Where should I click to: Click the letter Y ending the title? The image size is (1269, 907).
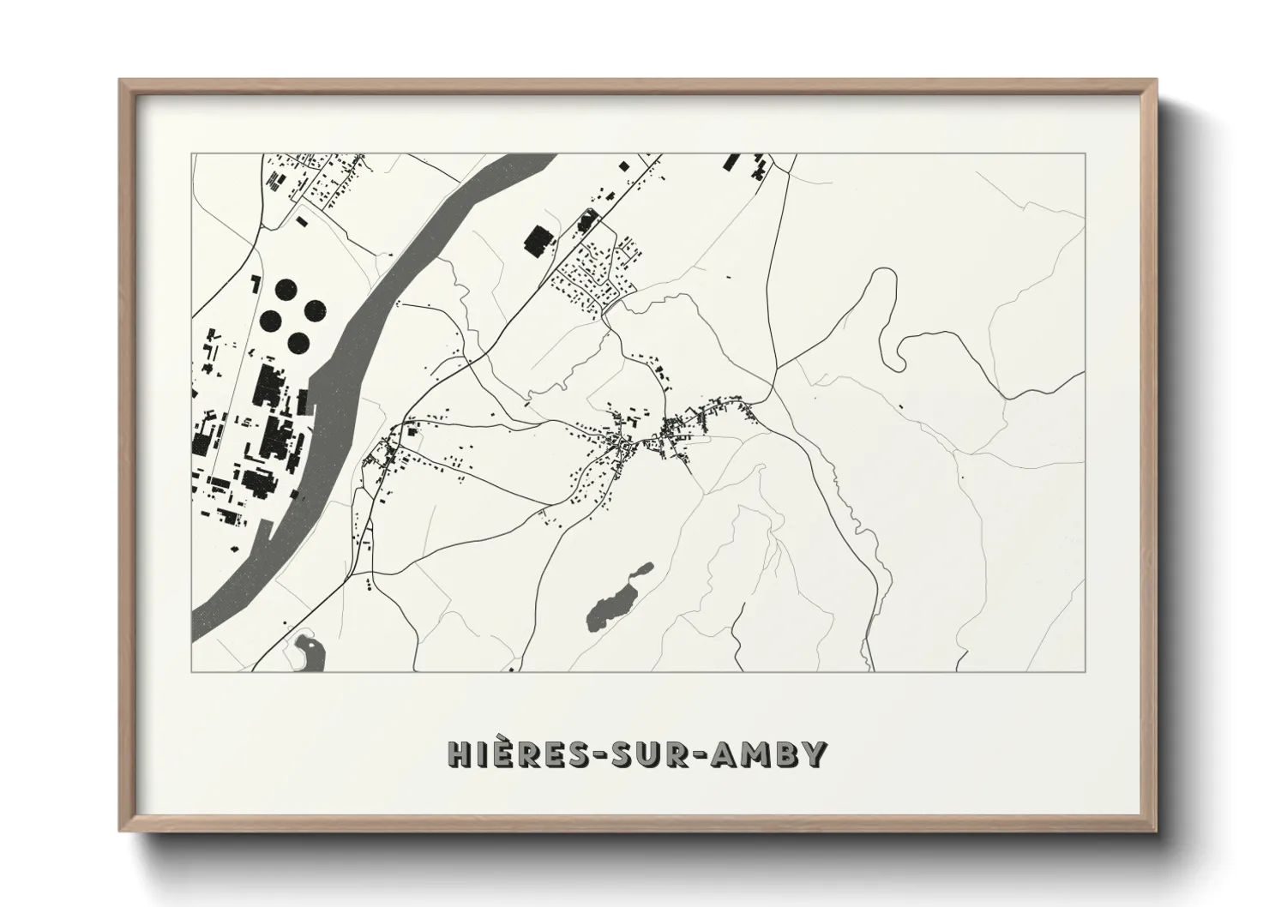[x=815, y=754]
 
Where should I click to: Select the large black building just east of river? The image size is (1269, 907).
[x=538, y=241]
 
